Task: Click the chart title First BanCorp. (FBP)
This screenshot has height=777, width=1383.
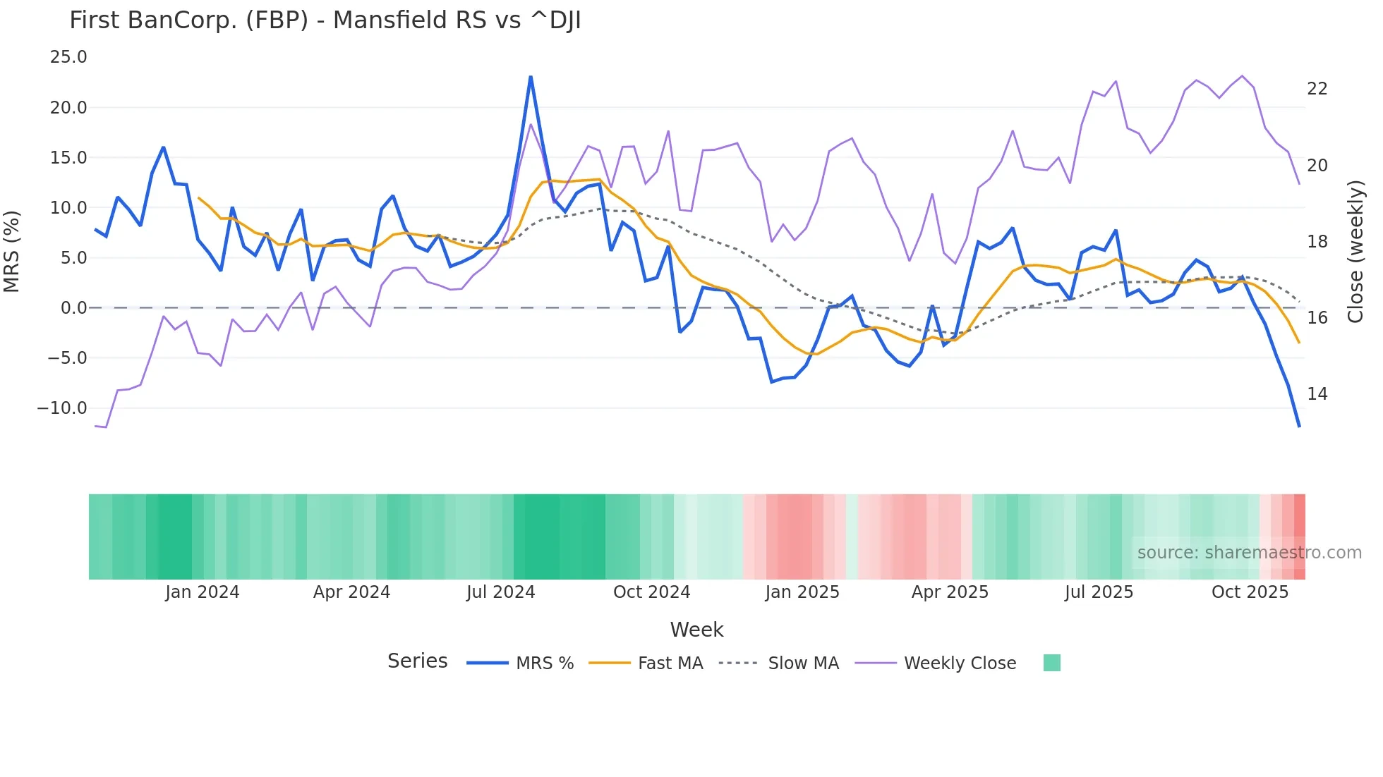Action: coord(325,20)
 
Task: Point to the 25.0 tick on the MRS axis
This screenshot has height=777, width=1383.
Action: coord(68,57)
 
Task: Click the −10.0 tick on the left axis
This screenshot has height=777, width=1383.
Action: coord(62,408)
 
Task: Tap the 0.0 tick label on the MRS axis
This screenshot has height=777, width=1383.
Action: coord(73,308)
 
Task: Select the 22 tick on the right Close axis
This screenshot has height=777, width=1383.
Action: coord(1317,89)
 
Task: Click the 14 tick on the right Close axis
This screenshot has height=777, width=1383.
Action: coord(1317,394)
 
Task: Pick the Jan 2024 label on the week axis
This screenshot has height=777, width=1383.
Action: coord(203,592)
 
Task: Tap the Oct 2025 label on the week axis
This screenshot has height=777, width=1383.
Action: coord(1250,592)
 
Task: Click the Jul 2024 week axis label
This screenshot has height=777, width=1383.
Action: coord(500,592)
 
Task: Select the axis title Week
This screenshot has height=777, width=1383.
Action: coord(696,630)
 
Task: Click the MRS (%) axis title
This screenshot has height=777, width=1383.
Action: coord(12,252)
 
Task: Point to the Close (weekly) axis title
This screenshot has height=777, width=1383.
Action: coord(1355,252)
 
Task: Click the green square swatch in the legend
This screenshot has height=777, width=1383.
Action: coord(1051,663)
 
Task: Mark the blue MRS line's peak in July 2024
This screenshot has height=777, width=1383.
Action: coord(531,77)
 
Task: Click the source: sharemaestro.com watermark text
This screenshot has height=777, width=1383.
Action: coord(1249,553)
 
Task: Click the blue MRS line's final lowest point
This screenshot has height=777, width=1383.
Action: coord(1299,426)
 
